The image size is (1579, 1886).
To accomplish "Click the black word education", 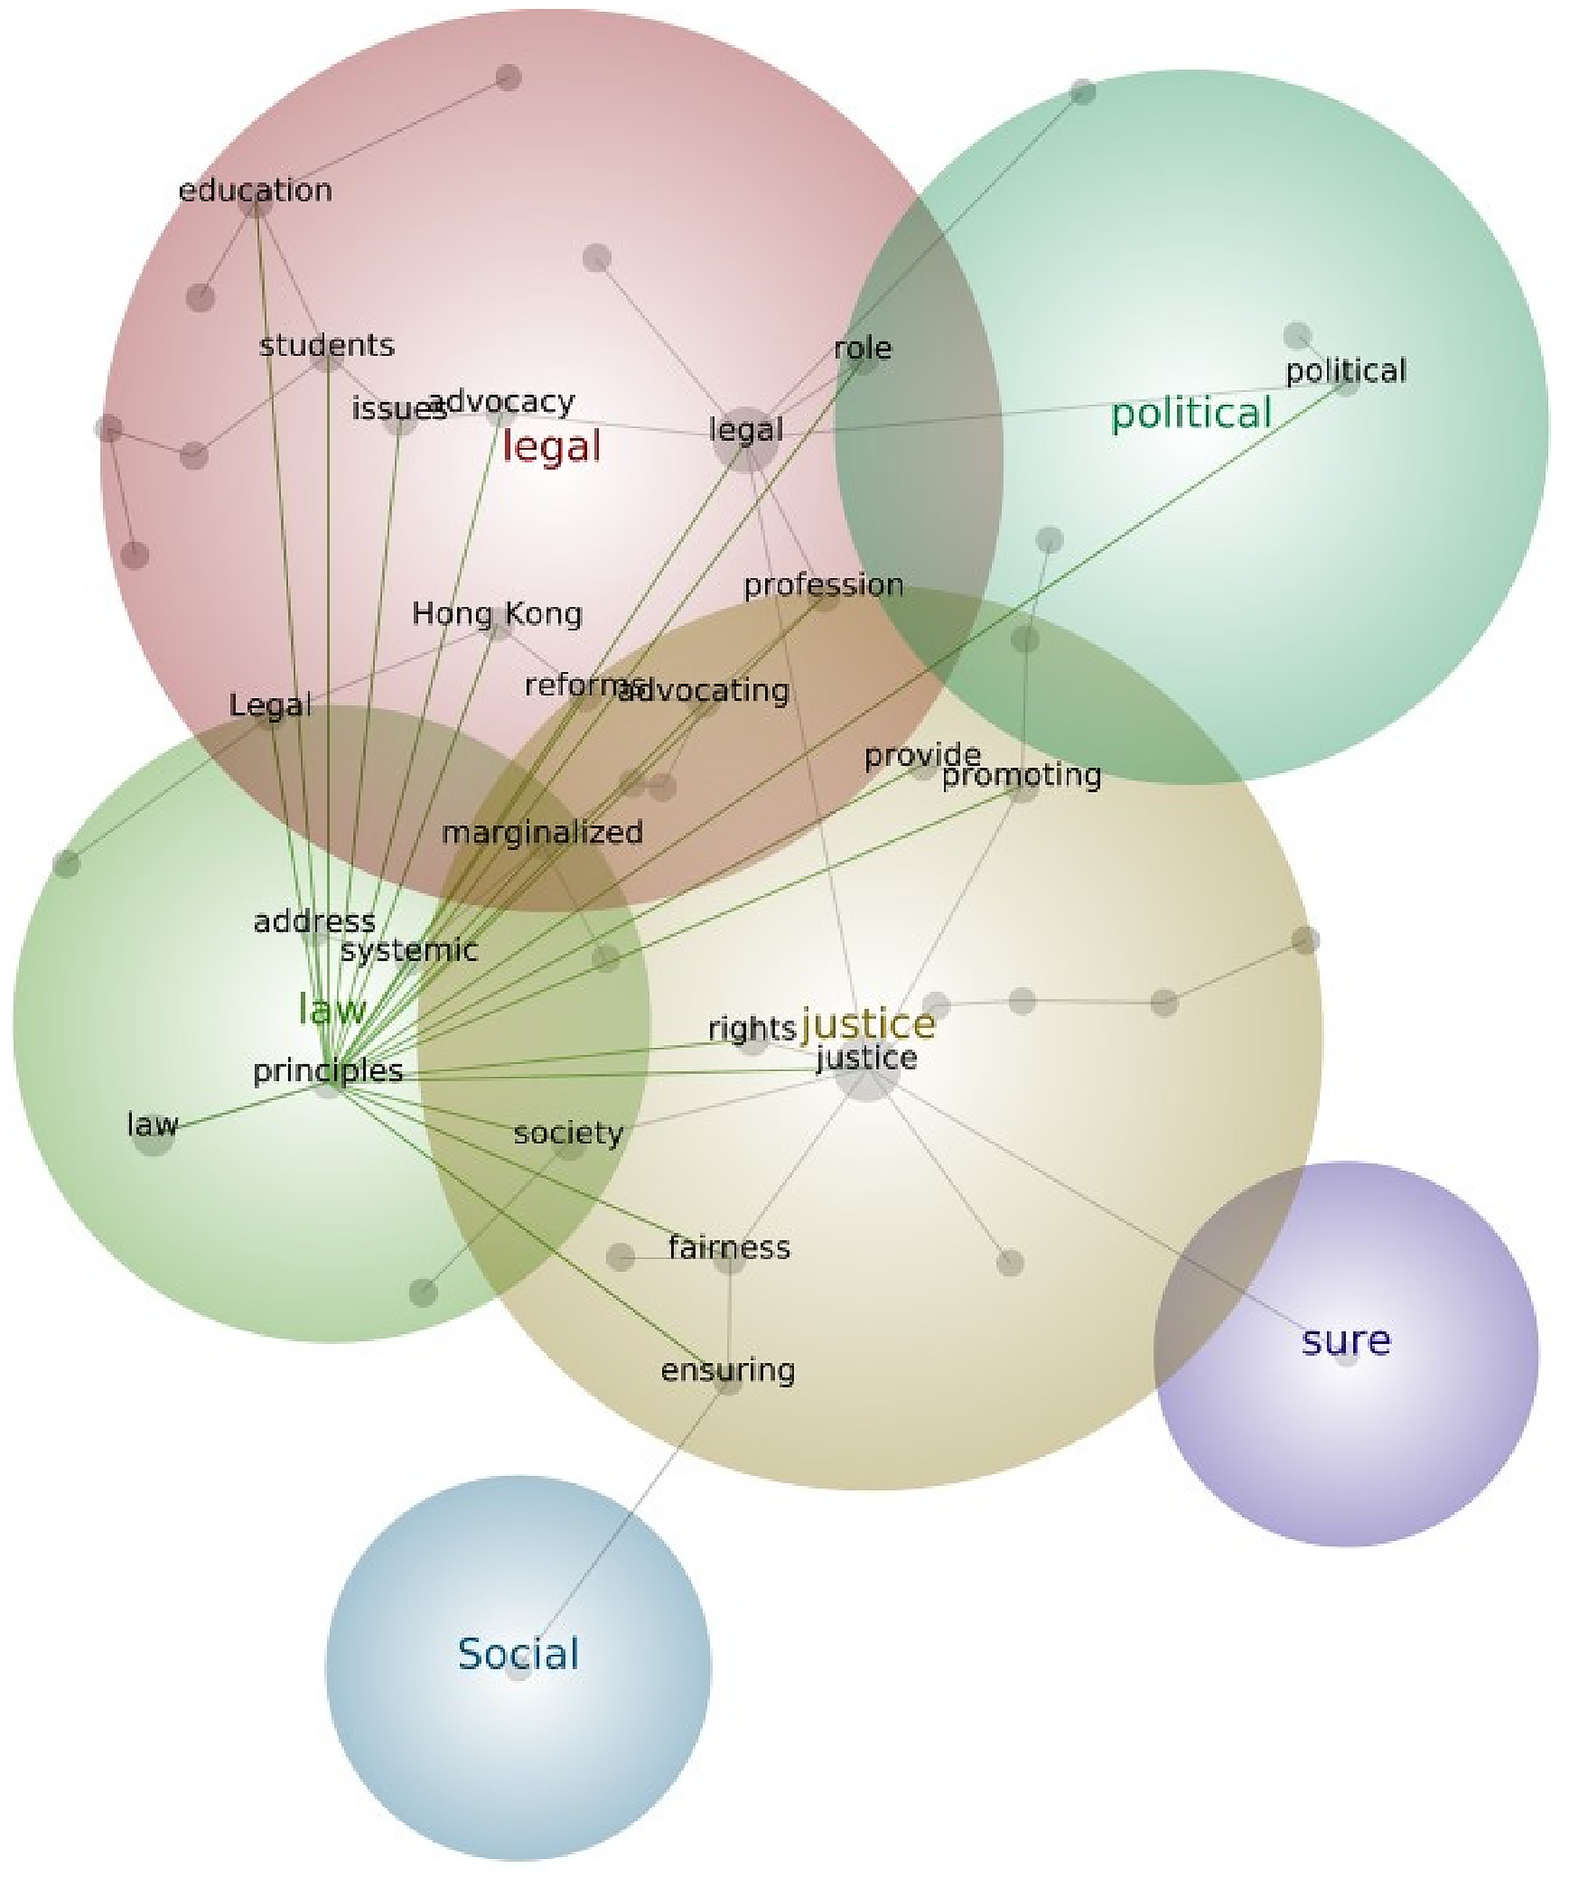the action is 256,191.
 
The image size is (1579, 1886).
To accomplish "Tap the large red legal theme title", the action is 551,446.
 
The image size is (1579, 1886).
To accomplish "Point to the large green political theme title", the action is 1191,414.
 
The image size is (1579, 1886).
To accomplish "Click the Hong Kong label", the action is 497,614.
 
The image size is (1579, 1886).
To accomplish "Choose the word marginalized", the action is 542,832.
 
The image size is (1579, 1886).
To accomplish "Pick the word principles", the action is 328,1071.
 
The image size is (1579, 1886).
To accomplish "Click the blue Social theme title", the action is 518,1654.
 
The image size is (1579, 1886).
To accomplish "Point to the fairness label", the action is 729,1247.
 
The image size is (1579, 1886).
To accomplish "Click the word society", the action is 569,1133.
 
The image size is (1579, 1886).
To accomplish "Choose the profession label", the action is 824,585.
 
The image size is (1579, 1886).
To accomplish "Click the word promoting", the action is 1021,775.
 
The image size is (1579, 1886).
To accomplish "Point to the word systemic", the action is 408,950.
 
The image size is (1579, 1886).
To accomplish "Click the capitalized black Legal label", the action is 270,706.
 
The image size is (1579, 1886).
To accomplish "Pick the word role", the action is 863,349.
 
